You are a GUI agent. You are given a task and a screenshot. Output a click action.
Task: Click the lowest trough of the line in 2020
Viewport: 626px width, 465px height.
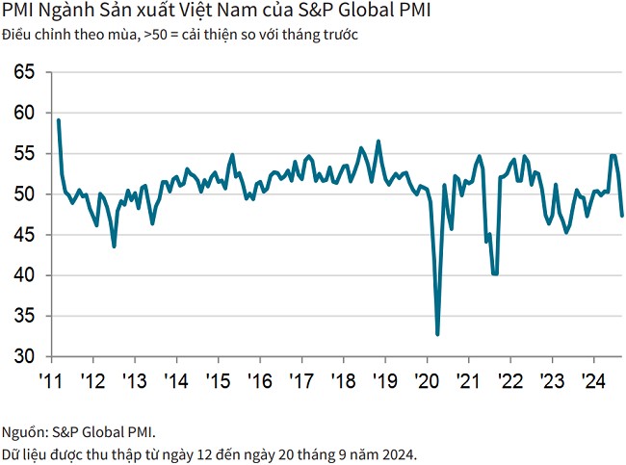click(437, 334)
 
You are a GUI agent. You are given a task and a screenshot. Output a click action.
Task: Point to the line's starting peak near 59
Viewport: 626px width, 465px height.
click(59, 120)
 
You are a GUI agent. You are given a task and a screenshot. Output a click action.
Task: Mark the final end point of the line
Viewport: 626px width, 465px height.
click(621, 216)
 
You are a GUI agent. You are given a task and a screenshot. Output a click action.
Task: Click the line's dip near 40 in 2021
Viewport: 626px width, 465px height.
click(495, 273)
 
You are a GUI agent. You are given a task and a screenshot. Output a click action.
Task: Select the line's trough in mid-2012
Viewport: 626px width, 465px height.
click(115, 246)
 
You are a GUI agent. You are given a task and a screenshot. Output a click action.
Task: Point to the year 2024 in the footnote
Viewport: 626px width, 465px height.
click(399, 452)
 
